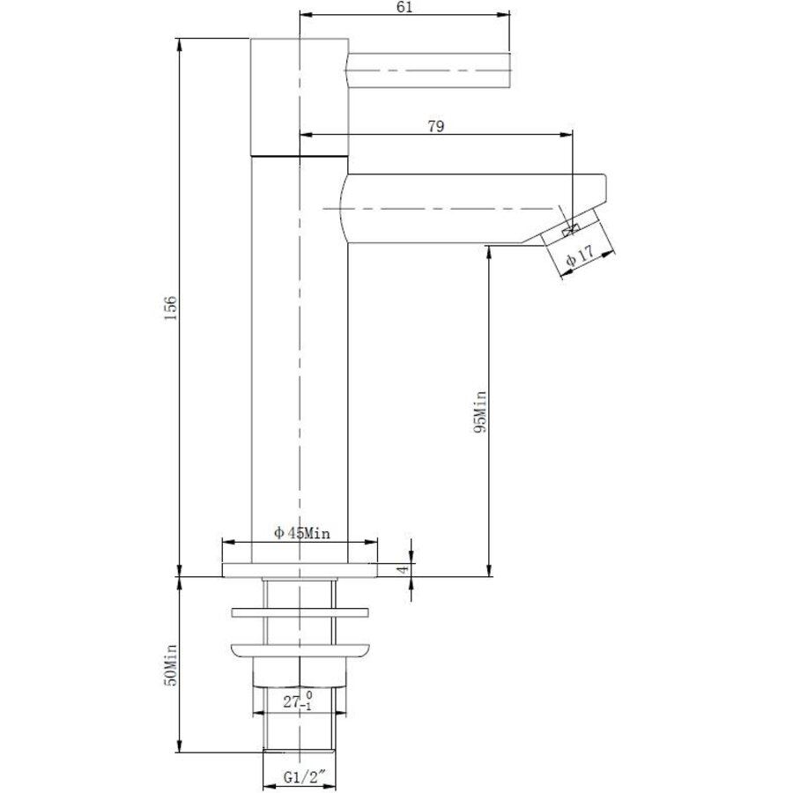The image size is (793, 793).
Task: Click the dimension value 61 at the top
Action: click(x=405, y=7)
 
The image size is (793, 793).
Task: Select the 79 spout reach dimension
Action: click(x=434, y=126)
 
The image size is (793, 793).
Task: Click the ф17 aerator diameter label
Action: click(x=578, y=256)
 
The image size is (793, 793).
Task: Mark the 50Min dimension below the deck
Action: click(x=172, y=664)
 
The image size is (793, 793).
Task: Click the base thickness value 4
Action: click(x=403, y=570)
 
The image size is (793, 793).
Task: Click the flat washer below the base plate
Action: click(x=300, y=611)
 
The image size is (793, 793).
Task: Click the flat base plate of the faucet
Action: click(x=300, y=570)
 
